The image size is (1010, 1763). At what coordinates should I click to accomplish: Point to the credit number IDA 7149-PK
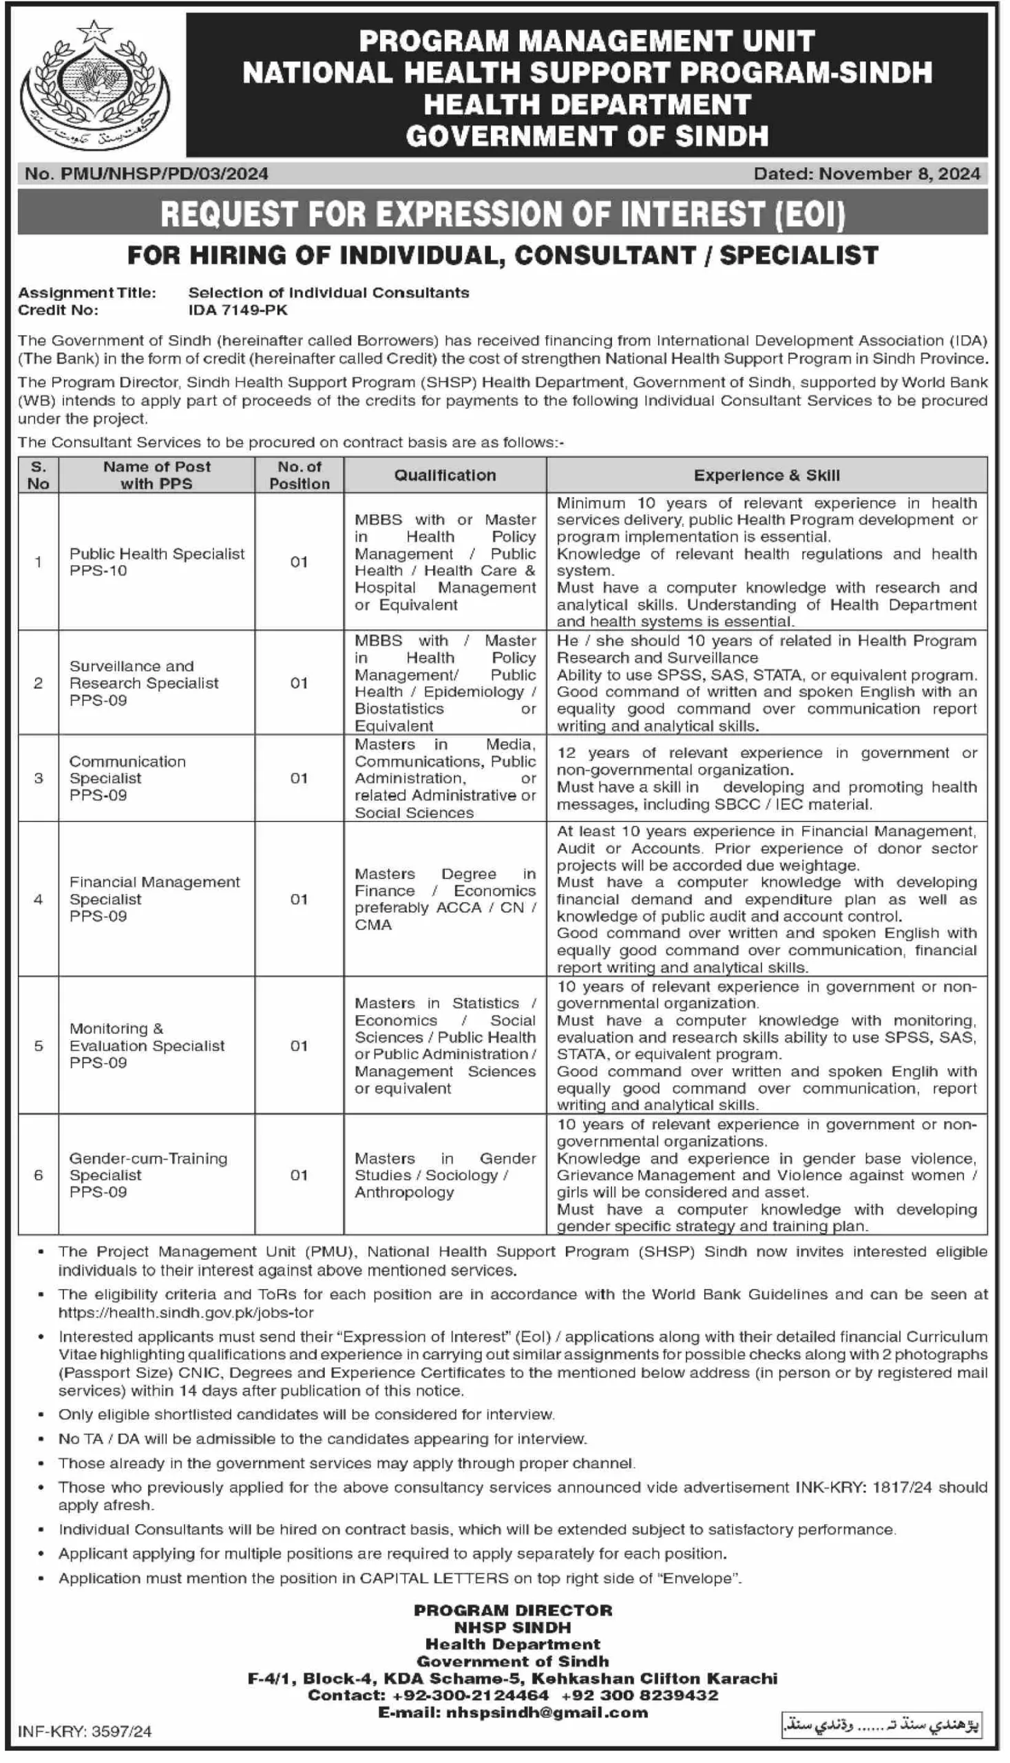click(238, 310)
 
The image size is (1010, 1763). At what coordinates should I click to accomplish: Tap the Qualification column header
click(445, 475)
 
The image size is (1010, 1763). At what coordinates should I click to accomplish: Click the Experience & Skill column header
click(766, 475)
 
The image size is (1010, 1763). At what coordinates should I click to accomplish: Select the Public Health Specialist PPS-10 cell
click(157, 562)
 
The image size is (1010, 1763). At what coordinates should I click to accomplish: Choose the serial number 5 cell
click(38, 1045)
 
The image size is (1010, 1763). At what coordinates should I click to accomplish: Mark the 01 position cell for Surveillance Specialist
click(299, 682)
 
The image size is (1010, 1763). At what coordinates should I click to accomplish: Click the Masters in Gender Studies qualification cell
click(445, 1175)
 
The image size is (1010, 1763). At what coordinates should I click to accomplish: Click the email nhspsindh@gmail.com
click(547, 1712)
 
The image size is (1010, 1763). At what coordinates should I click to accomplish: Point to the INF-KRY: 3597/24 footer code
click(85, 1731)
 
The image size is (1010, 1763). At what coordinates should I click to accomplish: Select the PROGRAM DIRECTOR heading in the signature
click(513, 1609)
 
